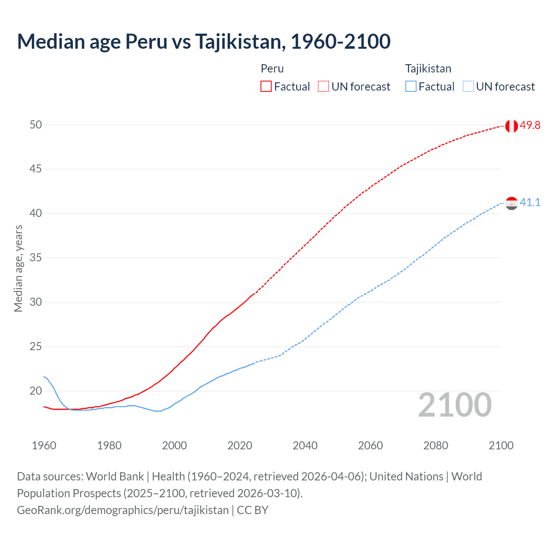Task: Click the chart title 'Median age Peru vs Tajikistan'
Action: [x=204, y=42]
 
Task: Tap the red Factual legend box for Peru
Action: [x=266, y=87]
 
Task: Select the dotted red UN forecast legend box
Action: [x=323, y=87]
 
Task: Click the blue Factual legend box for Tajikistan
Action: [x=411, y=87]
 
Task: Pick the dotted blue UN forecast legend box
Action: [x=468, y=87]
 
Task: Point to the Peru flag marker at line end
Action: [x=511, y=126]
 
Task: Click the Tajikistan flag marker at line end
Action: [x=511, y=203]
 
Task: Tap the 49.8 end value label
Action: [x=530, y=125]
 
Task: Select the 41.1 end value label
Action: [x=530, y=202]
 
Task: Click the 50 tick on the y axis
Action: [x=36, y=125]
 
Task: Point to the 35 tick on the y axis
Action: [x=36, y=258]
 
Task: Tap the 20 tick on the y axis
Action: [x=36, y=391]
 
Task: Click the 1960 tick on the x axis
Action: [x=44, y=445]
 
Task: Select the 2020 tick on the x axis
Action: [x=240, y=445]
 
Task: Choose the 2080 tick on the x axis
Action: [x=436, y=445]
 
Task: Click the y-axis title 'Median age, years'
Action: [x=18, y=268]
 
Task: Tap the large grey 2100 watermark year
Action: [x=455, y=405]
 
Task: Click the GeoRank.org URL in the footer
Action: [x=122, y=510]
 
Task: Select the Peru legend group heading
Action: [x=272, y=69]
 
